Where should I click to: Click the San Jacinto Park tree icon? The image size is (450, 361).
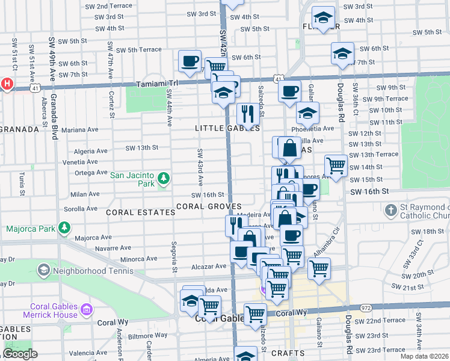[163, 178]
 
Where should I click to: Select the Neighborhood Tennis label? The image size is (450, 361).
[84, 271]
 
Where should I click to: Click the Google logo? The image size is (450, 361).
[20, 354]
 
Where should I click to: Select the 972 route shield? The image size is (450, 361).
[365, 307]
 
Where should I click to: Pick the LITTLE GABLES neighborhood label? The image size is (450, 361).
[227, 128]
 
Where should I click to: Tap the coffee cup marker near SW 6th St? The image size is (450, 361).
[190, 61]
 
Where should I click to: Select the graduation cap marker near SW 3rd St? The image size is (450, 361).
[324, 17]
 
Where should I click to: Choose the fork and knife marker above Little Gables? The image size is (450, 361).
[248, 113]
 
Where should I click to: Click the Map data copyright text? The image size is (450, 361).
[424, 356]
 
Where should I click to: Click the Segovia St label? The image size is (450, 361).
[173, 256]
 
